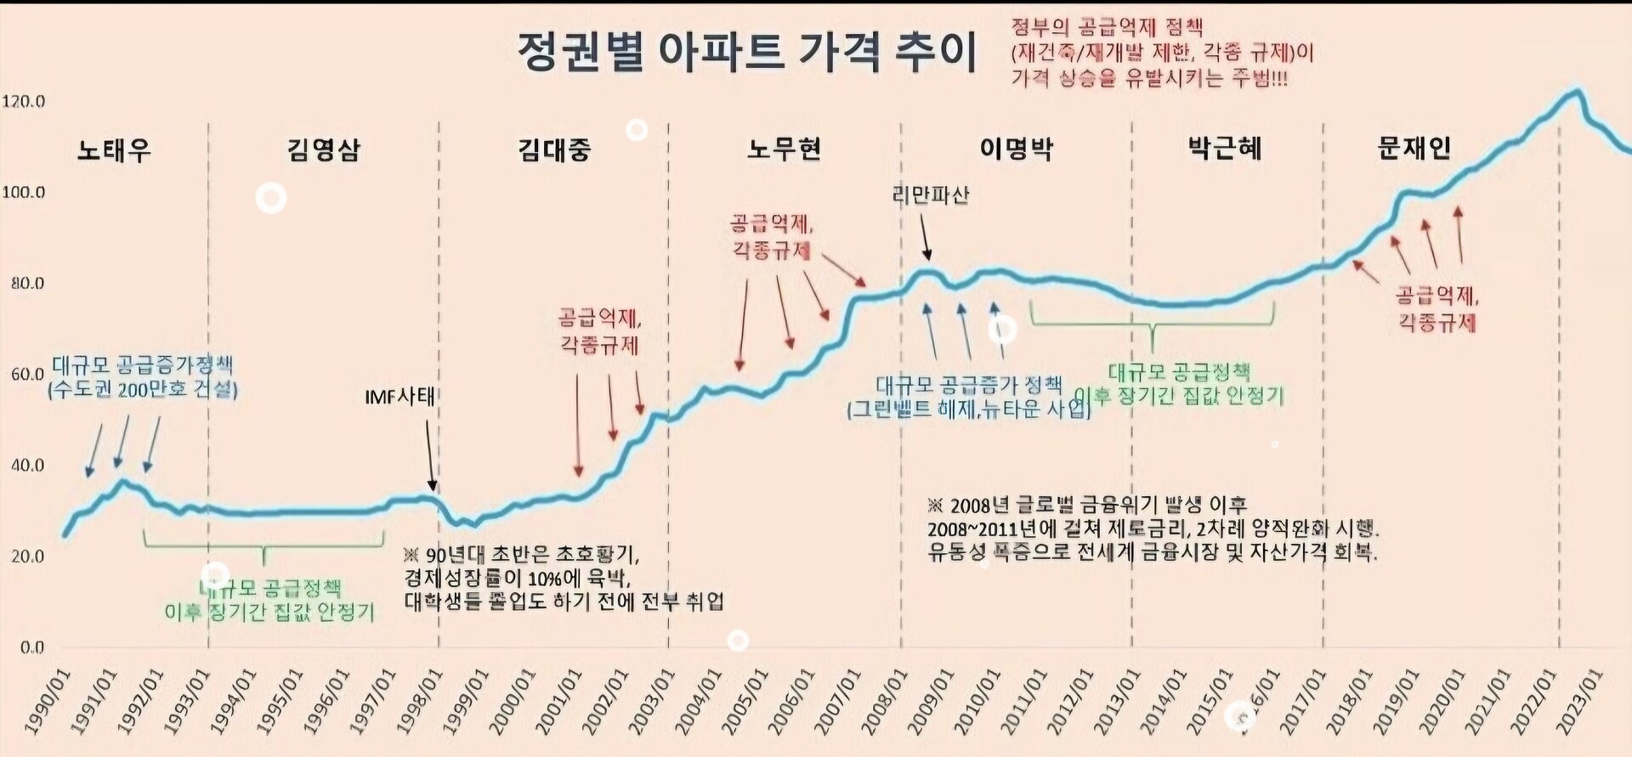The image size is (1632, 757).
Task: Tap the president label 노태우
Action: [x=114, y=150]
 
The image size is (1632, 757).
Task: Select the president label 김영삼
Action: [x=324, y=150]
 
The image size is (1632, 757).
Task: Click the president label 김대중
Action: [x=554, y=150]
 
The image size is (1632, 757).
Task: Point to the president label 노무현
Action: [x=784, y=150]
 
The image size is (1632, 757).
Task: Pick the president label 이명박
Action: [x=1017, y=150]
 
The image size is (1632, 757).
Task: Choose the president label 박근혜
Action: [x=1225, y=149]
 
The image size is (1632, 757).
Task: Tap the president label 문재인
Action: [x=1414, y=149]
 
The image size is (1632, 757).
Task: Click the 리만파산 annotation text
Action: [x=931, y=195]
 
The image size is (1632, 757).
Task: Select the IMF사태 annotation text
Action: [x=399, y=397]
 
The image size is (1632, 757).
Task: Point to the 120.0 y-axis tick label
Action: [x=23, y=102]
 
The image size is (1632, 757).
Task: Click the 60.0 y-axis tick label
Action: [x=27, y=375]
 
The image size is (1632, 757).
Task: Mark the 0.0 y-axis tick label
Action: [x=31, y=647]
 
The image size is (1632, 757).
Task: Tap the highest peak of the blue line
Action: [x=1578, y=90]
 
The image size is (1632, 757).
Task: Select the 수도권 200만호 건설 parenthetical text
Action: [x=143, y=390]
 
